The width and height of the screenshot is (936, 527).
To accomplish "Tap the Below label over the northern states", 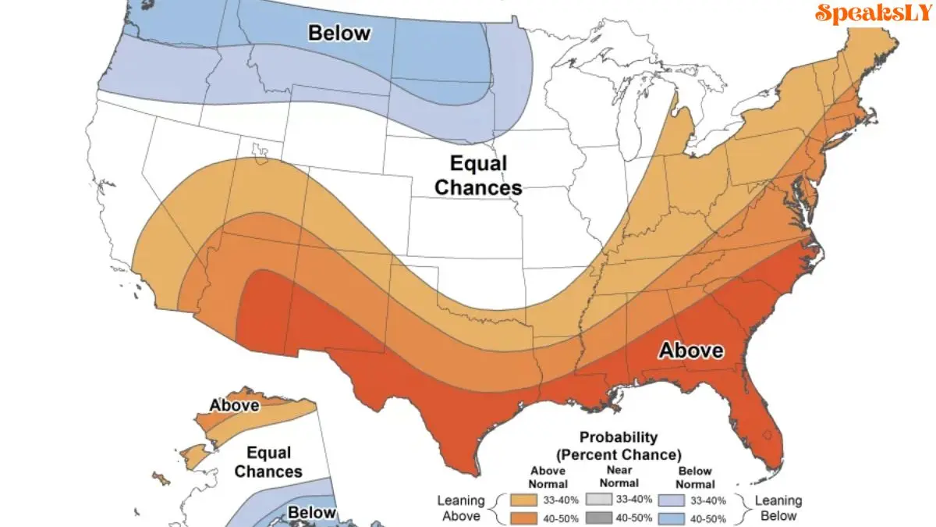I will tap(339, 33).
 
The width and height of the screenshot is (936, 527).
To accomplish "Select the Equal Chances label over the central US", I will tap(478, 176).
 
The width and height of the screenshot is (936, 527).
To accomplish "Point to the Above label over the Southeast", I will tap(691, 351).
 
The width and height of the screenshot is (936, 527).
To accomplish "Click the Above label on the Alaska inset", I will tap(234, 405).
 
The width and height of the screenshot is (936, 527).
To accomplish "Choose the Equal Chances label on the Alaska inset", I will tap(268, 462).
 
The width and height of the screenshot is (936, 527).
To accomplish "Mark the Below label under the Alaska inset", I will tap(312, 513).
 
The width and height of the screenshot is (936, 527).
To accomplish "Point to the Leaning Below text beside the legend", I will tap(778, 507).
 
